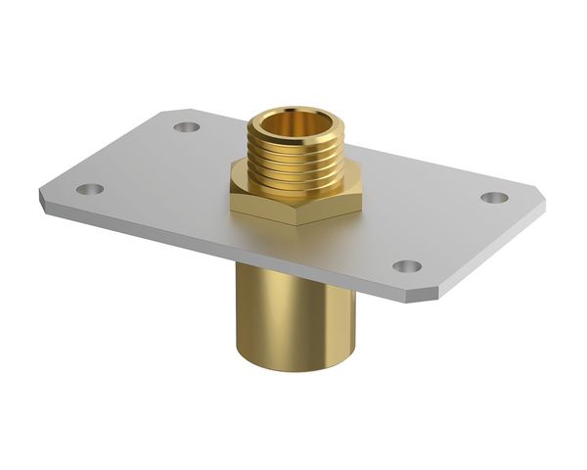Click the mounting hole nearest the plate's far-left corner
point(89,189)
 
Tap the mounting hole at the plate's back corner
point(185,126)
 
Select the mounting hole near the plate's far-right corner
point(494,197)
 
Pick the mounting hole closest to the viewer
point(407,266)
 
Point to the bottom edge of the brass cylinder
point(293,363)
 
